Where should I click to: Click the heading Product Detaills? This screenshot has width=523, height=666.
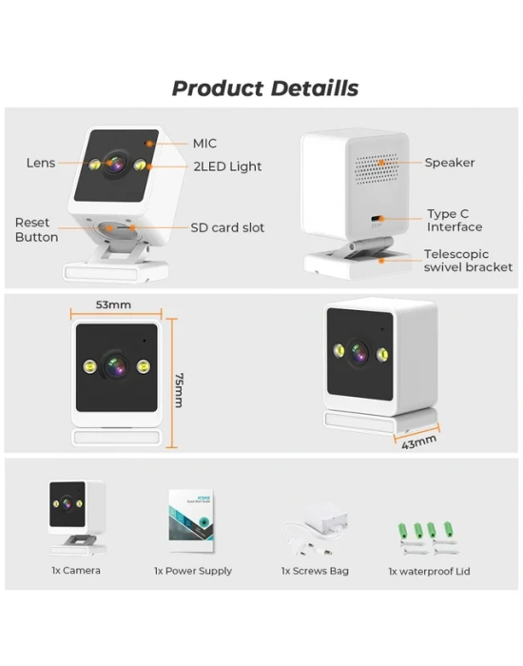tap(265, 88)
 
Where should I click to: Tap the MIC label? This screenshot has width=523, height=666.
tap(204, 144)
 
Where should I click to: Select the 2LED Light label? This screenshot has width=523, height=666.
tap(227, 166)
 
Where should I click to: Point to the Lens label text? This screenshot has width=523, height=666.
tap(41, 163)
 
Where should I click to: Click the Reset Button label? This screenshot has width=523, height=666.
tap(36, 230)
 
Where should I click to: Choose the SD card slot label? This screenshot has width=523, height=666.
tap(227, 227)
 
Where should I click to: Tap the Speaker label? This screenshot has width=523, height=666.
tap(450, 163)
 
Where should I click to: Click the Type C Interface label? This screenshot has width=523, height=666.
tap(455, 221)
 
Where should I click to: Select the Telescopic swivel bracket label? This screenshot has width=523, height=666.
tap(468, 261)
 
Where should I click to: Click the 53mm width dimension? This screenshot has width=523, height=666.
tap(113, 304)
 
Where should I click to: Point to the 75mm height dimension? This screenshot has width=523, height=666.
tap(179, 390)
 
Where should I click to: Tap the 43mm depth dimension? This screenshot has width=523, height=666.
tap(418, 442)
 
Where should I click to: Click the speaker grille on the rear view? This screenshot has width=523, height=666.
tap(376, 168)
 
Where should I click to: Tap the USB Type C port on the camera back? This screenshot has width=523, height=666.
tap(377, 219)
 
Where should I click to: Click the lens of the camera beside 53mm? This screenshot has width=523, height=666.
tap(116, 365)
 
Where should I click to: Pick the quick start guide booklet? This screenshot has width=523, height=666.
tap(191, 520)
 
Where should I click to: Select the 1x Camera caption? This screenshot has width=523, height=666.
tap(76, 571)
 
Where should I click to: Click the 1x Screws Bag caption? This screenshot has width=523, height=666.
tap(315, 571)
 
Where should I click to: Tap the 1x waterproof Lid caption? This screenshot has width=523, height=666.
tap(429, 571)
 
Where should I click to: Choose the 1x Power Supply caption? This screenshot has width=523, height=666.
tap(193, 571)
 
